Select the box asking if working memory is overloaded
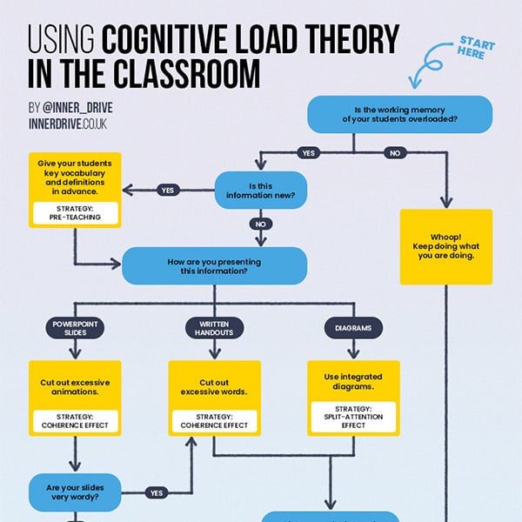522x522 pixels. (399, 115)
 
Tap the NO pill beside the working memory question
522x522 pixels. (396, 152)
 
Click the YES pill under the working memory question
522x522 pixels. (308, 152)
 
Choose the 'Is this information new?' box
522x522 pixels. (261, 191)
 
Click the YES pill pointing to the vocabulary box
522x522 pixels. (167, 191)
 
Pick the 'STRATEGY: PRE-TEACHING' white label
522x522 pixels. (74, 211)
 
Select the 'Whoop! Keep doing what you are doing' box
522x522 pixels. (445, 246)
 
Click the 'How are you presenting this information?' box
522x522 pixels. (214, 264)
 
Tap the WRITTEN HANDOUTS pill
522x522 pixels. (214, 327)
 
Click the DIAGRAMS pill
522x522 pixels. (353, 327)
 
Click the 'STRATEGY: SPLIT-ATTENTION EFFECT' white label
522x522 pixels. (353, 415)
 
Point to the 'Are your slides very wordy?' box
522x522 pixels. (74, 492)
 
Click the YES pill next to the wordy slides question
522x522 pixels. (157, 492)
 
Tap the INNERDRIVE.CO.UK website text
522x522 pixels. (69, 125)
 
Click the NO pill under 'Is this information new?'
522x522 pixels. (261, 224)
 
